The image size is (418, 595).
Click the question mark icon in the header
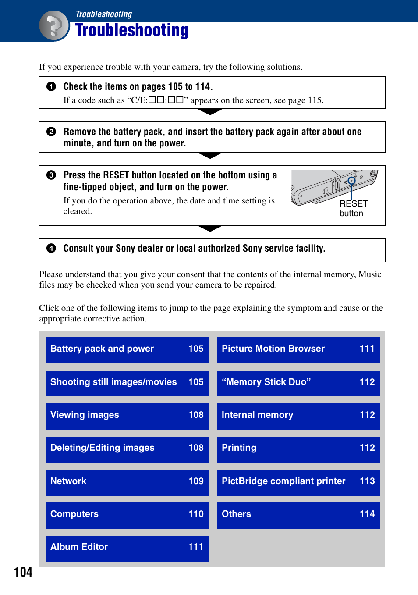pyautogui.click(x=54, y=26)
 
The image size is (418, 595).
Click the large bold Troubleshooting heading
pyautogui.click(x=131, y=30)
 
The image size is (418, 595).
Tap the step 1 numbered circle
pyautogui.click(x=51, y=86)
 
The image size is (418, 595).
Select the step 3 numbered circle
pyautogui.click(x=51, y=175)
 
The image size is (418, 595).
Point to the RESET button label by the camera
pyautogui.click(x=353, y=209)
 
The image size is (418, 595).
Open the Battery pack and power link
pyautogui.click(x=127, y=349)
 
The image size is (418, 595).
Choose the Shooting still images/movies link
pyautogui.click(x=127, y=383)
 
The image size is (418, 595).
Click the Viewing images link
pyautogui.click(x=127, y=416)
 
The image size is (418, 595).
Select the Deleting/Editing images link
pyautogui.click(x=127, y=449)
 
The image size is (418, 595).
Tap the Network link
pyautogui.click(x=127, y=482)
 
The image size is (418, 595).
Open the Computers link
pyautogui.click(x=127, y=515)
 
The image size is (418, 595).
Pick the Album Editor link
pyautogui.click(x=127, y=548)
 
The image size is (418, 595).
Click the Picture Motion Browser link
pyautogui.click(x=298, y=349)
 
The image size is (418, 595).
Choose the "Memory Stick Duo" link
pyautogui.click(x=298, y=383)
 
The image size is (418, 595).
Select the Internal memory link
pyautogui.click(x=298, y=416)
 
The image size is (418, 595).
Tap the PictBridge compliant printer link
pyautogui.click(x=298, y=482)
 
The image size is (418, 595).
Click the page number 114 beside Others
pyautogui.click(x=367, y=514)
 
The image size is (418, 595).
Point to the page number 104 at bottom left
pyautogui.click(x=23, y=572)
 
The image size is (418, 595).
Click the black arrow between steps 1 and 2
pyautogui.click(x=210, y=112)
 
